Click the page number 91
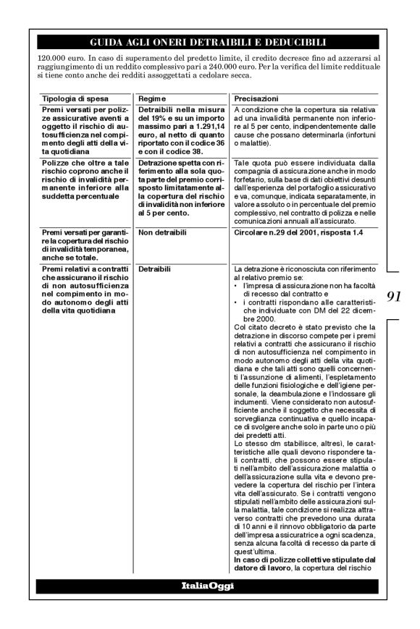coord(395,295)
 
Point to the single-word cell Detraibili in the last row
coord(155,269)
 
